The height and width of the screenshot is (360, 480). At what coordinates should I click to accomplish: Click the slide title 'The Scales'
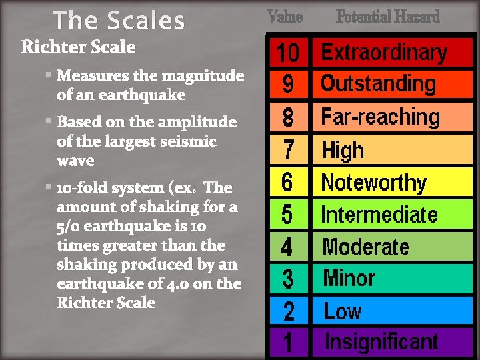point(119,21)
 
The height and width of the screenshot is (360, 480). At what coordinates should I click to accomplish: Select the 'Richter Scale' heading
point(78,47)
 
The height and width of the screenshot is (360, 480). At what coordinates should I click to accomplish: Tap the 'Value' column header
point(285,17)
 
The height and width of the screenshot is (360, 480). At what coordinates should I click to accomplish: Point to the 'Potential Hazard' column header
point(387,17)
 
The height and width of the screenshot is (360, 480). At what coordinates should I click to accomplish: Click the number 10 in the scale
point(288,52)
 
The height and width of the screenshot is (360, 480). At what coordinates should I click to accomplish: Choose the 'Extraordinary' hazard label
point(384,52)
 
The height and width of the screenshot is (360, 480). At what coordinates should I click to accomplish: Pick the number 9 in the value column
point(288,85)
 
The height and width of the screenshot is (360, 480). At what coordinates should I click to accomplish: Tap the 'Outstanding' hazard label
point(378,84)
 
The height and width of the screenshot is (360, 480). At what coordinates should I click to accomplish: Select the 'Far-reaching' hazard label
point(381,117)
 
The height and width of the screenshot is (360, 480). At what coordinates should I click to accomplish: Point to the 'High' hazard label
point(343,150)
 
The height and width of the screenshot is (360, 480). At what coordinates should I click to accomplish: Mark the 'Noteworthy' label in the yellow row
point(374,182)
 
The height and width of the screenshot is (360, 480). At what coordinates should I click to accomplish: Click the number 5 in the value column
point(287,215)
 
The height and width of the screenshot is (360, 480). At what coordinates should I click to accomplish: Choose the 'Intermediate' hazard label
point(379,215)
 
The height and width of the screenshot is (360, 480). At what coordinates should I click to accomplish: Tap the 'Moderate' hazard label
point(366,247)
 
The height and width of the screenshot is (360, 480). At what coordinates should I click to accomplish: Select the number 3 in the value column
point(287,279)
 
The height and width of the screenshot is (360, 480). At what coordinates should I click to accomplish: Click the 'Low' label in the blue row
point(343,311)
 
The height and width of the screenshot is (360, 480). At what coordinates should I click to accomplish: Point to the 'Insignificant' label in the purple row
point(381,342)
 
